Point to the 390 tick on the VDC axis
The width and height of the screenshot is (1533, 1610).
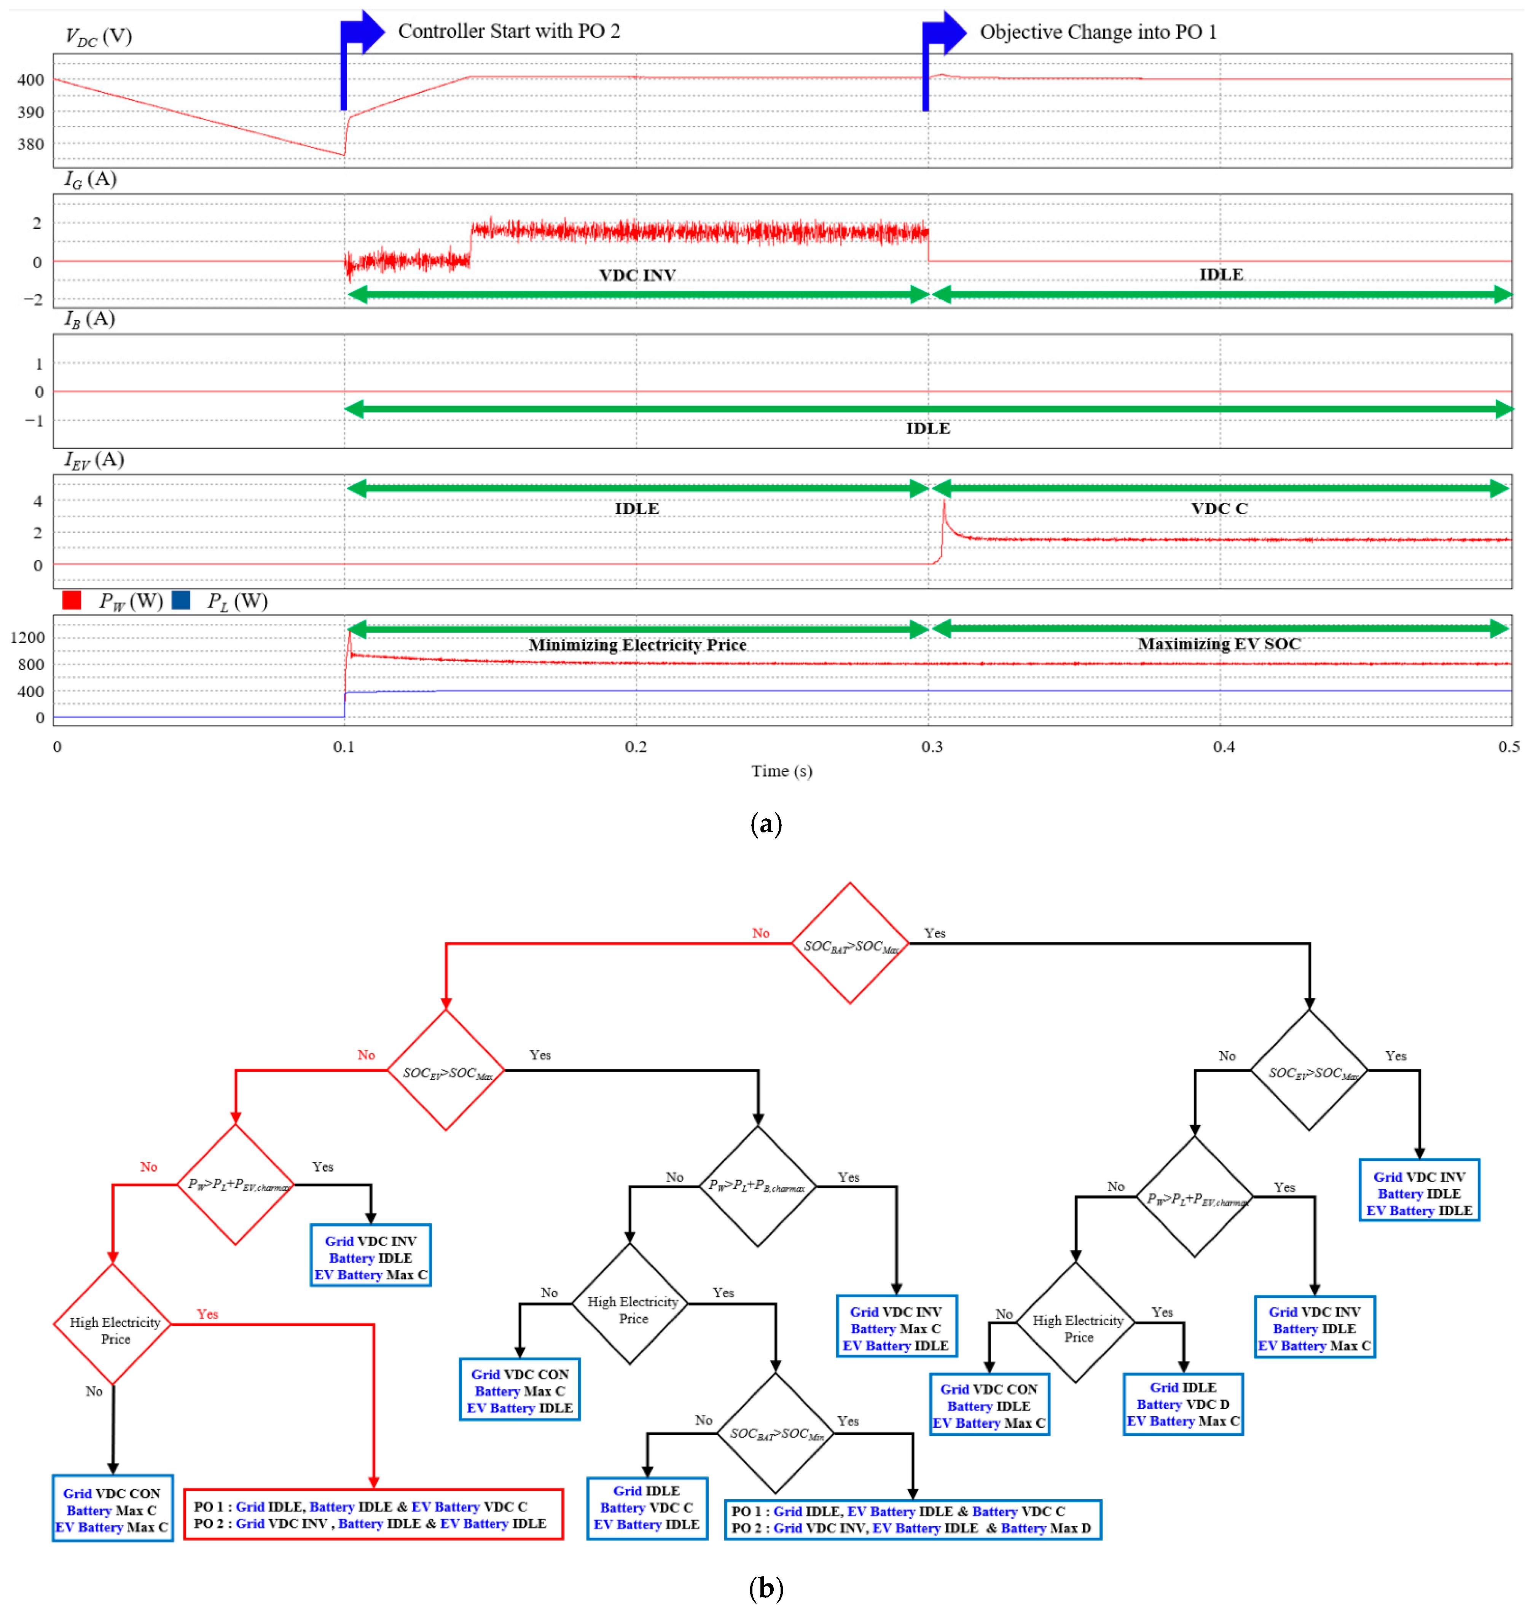click(x=30, y=112)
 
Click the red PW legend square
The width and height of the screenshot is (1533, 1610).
click(x=72, y=601)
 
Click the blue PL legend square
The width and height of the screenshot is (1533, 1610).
click(x=181, y=601)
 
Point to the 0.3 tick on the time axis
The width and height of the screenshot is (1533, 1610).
click(x=932, y=746)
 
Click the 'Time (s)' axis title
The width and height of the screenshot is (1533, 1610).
click(x=781, y=771)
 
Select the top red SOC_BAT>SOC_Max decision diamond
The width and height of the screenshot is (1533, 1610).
click(x=850, y=944)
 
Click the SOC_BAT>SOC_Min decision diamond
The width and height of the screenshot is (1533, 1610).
click(x=776, y=1433)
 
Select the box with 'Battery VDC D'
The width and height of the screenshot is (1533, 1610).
click(x=1182, y=1404)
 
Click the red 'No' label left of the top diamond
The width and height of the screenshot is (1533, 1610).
click(x=760, y=933)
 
